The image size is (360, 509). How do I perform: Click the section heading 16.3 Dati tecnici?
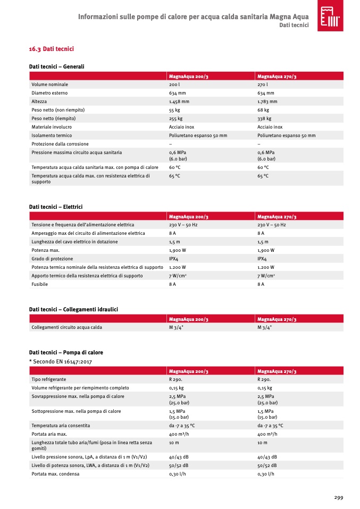(x=51, y=49)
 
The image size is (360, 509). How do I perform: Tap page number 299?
(x=338, y=497)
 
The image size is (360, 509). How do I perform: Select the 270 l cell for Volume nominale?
(x=262, y=84)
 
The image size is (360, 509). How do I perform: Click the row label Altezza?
(x=39, y=101)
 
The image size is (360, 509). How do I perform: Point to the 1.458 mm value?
(x=179, y=101)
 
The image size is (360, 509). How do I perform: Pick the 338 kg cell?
(x=264, y=118)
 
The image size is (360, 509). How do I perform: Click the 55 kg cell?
(x=175, y=110)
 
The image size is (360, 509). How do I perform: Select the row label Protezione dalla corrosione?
(x=60, y=144)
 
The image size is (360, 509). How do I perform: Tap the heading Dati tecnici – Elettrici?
(x=56, y=206)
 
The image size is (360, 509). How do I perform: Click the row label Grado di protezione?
(x=52, y=259)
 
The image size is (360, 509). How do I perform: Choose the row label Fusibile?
(x=40, y=284)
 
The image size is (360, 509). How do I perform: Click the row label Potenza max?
(x=45, y=250)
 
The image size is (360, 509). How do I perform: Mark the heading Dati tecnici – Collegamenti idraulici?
(x=73, y=309)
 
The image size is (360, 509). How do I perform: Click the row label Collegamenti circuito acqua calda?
(x=66, y=327)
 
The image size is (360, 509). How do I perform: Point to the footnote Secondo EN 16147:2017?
(x=61, y=361)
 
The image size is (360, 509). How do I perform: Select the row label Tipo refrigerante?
(x=49, y=379)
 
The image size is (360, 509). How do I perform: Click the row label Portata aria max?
(x=49, y=434)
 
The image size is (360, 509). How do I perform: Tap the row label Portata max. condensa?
(x=55, y=474)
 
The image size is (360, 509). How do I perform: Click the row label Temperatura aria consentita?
(x=61, y=426)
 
